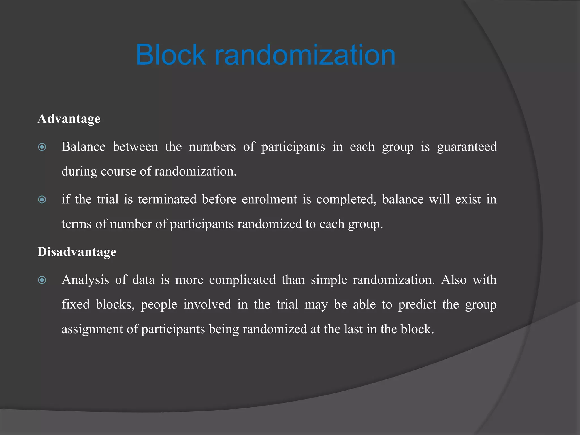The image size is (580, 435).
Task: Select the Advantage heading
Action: (69, 119)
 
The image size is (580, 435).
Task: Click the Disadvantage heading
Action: (77, 252)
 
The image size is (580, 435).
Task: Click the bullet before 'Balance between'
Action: (42, 147)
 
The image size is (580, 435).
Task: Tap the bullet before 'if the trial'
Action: (42, 200)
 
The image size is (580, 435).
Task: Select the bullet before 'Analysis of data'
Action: (42, 280)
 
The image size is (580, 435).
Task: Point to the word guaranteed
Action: (467, 147)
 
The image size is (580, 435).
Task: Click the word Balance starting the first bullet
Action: (84, 147)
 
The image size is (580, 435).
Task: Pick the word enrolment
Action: (269, 199)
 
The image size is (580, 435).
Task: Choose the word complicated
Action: (242, 280)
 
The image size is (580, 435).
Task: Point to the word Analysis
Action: (85, 280)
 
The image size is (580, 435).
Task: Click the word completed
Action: (346, 199)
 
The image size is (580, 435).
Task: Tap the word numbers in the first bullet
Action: (212, 147)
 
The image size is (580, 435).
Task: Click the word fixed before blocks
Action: (76, 305)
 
